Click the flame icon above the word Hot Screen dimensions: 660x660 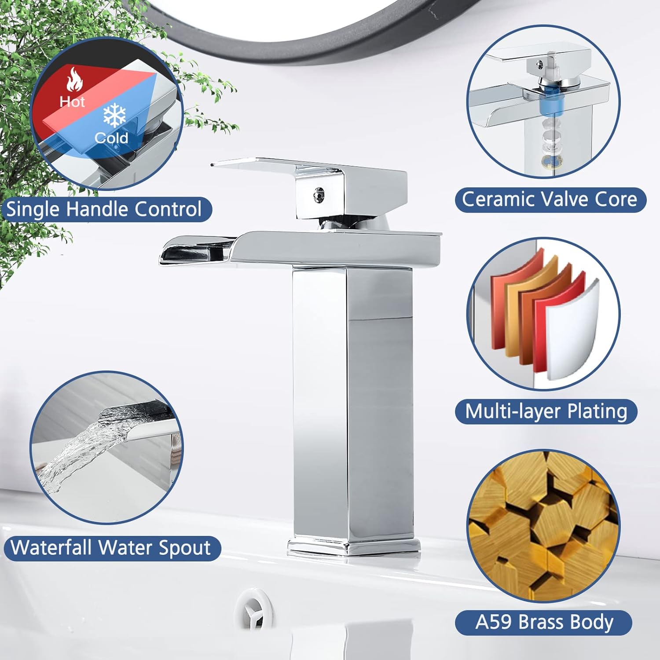click(75, 79)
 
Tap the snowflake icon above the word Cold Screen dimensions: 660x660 click(114, 116)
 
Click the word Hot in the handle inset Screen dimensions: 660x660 click(72, 102)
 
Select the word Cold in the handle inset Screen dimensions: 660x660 click(111, 138)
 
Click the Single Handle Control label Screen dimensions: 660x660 click(104, 209)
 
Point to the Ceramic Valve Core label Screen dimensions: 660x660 click(550, 199)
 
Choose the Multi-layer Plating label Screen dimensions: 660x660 click(546, 411)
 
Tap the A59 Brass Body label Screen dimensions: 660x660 click(544, 622)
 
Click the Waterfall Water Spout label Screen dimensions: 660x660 click(111, 548)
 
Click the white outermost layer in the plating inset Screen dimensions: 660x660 click(574, 330)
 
